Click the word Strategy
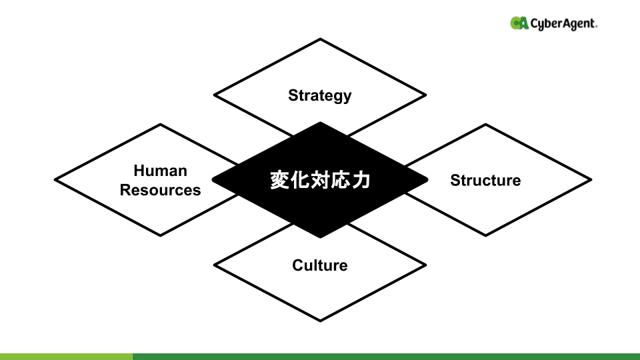[x=319, y=95]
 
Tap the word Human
[x=160, y=171]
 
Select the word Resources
[x=160, y=190]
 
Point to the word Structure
[x=485, y=180]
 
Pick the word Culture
[x=320, y=265]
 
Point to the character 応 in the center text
[x=340, y=180]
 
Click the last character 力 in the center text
[x=361, y=180]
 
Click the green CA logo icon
[x=519, y=23]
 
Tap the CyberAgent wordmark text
[x=564, y=24]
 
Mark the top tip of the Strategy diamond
[x=320, y=39]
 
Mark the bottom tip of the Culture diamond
[x=320, y=321]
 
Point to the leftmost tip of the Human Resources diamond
[x=55, y=179]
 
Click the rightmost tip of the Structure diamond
[x=591, y=179]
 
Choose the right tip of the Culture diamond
[x=425, y=265]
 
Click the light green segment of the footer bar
[x=66, y=357]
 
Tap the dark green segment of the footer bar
[x=386, y=357]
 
